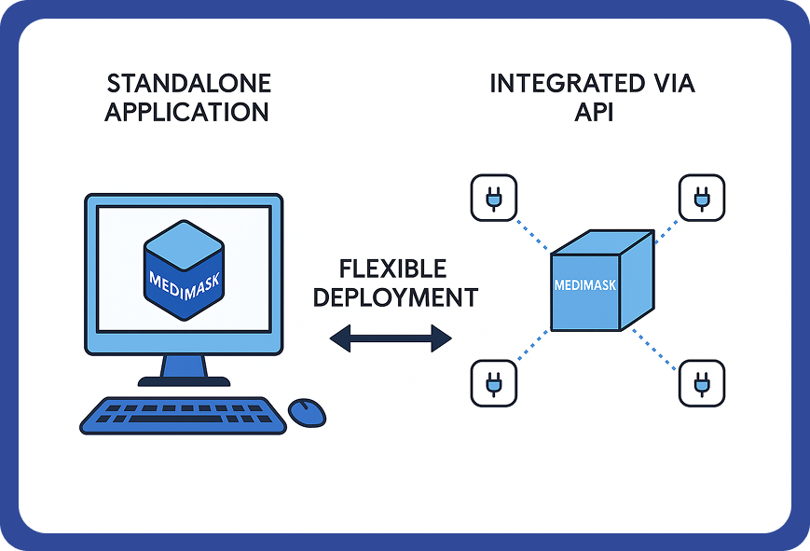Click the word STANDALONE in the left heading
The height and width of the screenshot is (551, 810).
[x=188, y=83]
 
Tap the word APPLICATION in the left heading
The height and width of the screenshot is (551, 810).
[x=186, y=113]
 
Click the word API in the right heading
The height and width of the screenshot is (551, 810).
[x=593, y=113]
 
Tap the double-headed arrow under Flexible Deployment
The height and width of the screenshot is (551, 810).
[x=391, y=337]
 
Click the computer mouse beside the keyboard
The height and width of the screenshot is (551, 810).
[x=307, y=411]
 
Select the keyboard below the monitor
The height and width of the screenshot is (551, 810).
[x=182, y=415]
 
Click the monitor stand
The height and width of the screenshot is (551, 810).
[x=184, y=371]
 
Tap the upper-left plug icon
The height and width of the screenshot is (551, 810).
[x=493, y=198]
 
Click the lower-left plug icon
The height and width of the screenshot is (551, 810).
[x=493, y=381]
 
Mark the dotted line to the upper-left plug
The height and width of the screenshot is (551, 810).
[x=532, y=233]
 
